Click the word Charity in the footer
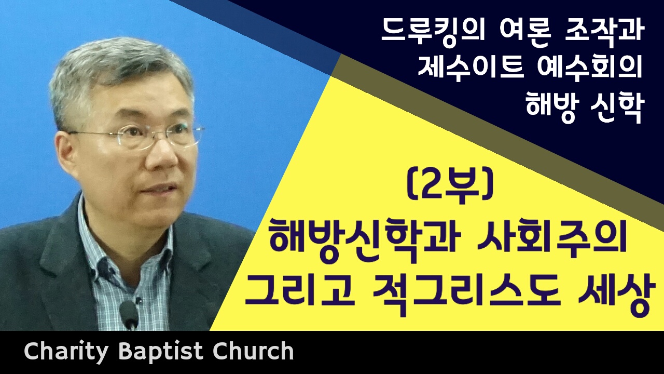65,352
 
